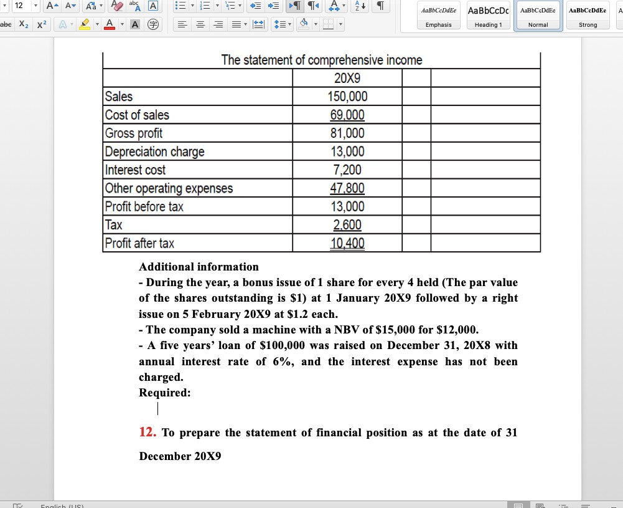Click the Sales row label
click(x=119, y=97)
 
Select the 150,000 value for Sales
click(x=347, y=97)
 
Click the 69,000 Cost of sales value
click(x=347, y=115)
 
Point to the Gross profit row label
click(x=134, y=133)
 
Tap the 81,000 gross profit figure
click(x=347, y=133)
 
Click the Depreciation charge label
click(x=154, y=151)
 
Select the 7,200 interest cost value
click(x=347, y=170)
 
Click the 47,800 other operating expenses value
click(x=347, y=188)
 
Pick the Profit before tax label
click(x=144, y=207)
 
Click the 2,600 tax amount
click(x=347, y=225)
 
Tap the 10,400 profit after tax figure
click(x=347, y=243)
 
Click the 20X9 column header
click(x=347, y=79)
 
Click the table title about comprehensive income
click(x=321, y=60)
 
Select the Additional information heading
click(x=199, y=267)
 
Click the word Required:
click(x=165, y=393)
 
